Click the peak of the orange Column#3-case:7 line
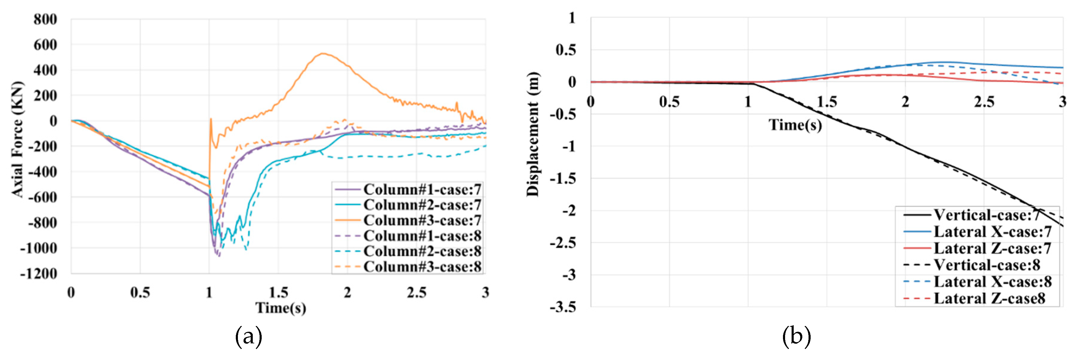[323, 54]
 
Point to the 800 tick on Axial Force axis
[45, 19]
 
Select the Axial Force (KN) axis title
[17, 139]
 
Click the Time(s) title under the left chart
[280, 308]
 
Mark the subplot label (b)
[796, 337]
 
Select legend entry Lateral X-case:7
[992, 232]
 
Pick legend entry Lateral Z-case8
[989, 299]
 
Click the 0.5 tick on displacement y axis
[566, 50]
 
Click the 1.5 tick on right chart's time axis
[827, 102]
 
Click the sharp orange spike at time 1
[211, 119]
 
